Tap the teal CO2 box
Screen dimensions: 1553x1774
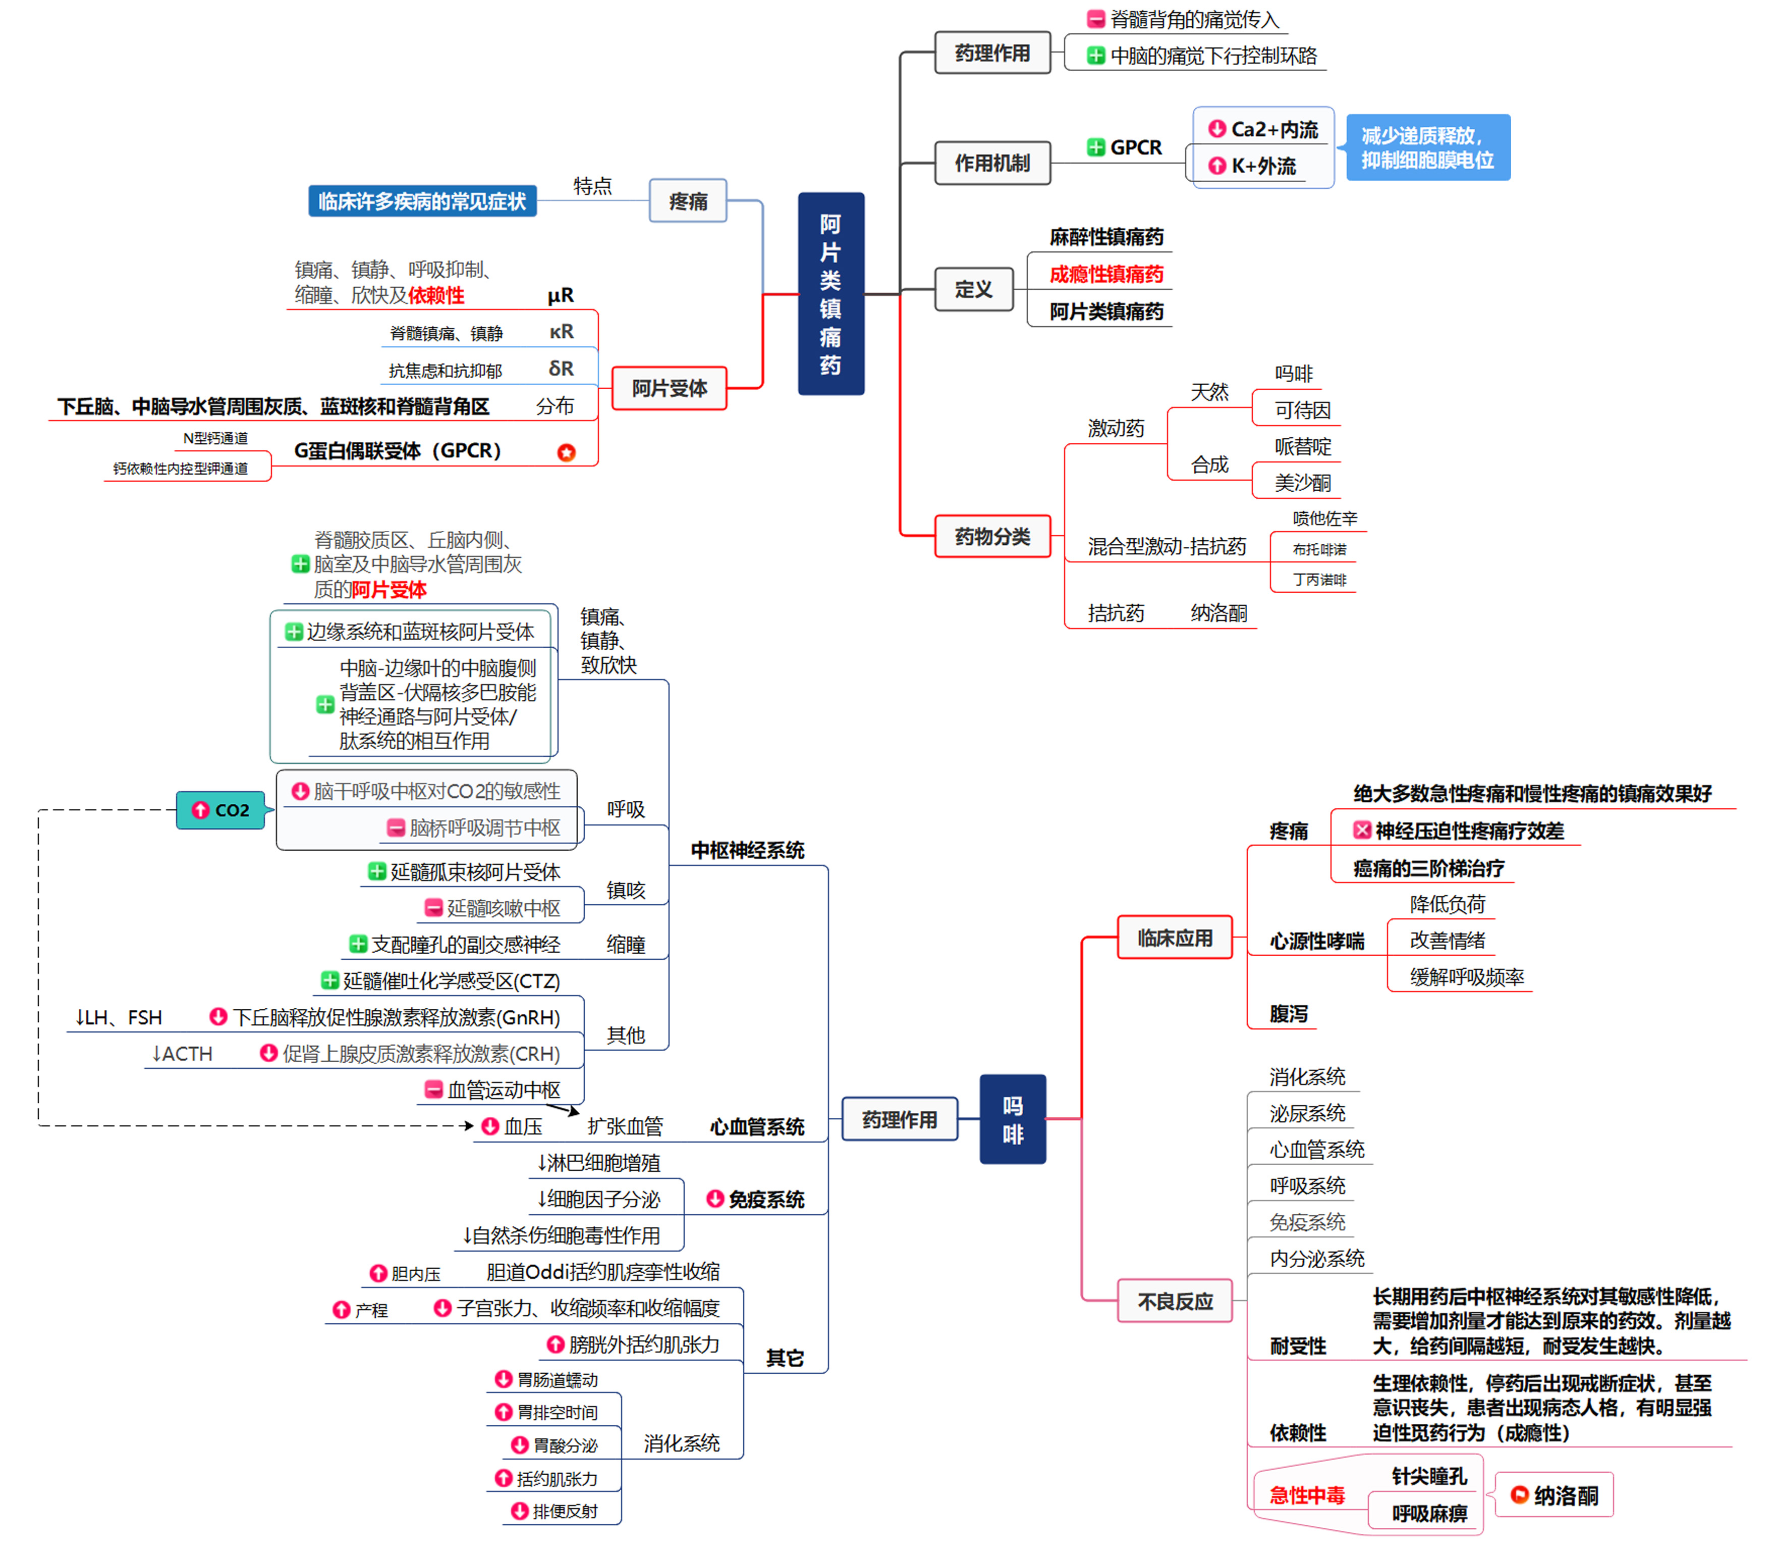click(221, 809)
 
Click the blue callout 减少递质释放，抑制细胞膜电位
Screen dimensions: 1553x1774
click(1427, 147)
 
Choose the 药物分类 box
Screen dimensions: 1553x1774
click(992, 537)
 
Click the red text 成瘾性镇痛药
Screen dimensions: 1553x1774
click(1105, 275)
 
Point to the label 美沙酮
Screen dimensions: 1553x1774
click(1302, 483)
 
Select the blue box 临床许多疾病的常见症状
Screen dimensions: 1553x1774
click(422, 201)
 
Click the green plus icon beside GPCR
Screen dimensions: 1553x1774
click(1096, 147)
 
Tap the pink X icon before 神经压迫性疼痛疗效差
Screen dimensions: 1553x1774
click(1362, 830)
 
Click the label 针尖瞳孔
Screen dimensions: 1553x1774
click(1428, 1476)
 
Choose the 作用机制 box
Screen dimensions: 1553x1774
click(992, 163)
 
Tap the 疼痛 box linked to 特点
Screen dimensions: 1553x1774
click(688, 201)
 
